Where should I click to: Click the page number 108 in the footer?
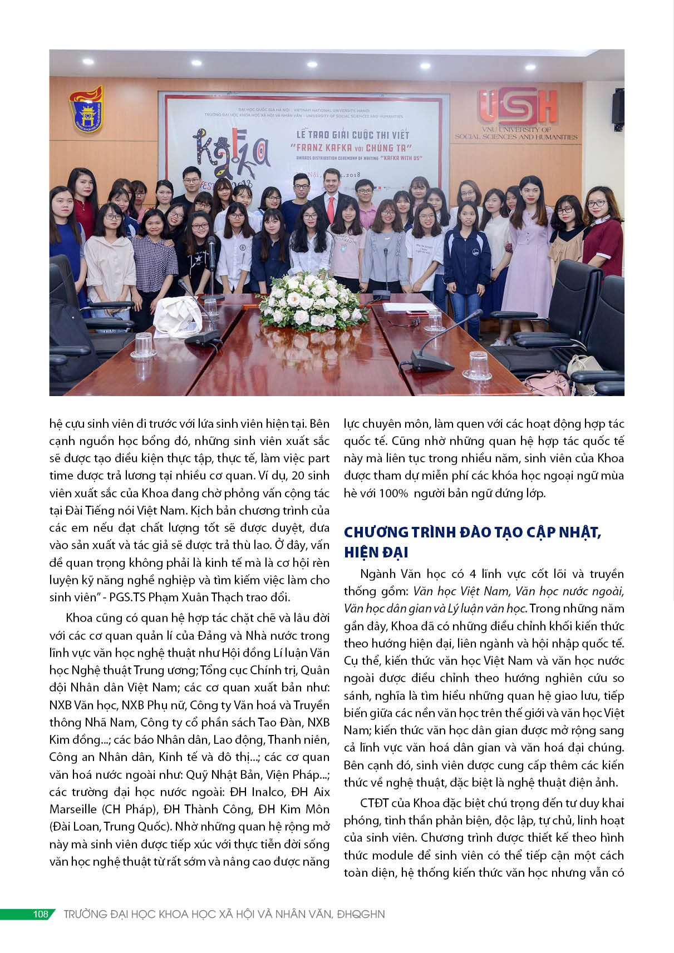pyautogui.click(x=41, y=914)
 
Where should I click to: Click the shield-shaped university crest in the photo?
pyautogui.click(x=86, y=109)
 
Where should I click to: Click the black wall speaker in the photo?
pyautogui.click(x=617, y=107)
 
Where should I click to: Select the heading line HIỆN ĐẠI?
pyautogui.click(x=376, y=552)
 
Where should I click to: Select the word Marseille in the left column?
pyautogui.click(x=74, y=809)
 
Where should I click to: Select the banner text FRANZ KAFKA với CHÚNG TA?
pyautogui.click(x=354, y=147)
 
